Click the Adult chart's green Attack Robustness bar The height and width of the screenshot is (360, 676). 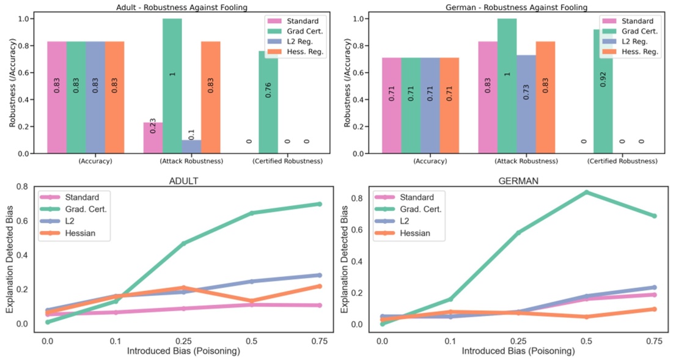pyautogui.click(x=172, y=86)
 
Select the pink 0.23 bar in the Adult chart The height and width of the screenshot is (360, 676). pyautogui.click(x=153, y=138)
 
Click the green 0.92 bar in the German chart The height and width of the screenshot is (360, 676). pyautogui.click(x=603, y=92)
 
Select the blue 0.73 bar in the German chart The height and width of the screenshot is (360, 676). pyautogui.click(x=526, y=104)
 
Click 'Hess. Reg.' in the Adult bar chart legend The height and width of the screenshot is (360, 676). pyautogui.click(x=304, y=52)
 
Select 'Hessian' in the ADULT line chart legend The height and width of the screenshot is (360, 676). pyautogui.click(x=78, y=233)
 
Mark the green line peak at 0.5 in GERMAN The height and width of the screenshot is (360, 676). pyautogui.click(x=586, y=193)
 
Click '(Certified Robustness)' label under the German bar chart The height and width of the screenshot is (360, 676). pyautogui.click(x=622, y=161)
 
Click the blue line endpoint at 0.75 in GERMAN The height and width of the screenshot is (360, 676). pyautogui.click(x=654, y=287)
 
